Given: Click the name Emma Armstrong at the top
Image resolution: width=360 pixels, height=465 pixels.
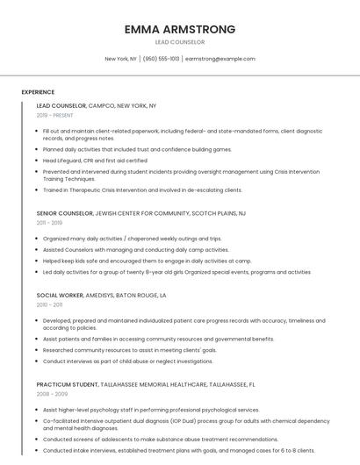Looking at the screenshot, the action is coord(180,29).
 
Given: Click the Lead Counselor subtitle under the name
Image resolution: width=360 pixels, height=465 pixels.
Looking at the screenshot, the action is coord(180,42).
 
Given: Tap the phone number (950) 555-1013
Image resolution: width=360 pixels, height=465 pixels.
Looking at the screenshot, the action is coord(161,59).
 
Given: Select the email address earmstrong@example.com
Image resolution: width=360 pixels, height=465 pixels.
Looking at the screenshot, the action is coord(220,59).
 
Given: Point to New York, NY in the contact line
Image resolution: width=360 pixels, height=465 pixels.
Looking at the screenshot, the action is coord(120,59).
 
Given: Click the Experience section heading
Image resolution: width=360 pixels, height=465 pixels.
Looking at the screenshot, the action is coord(38,92).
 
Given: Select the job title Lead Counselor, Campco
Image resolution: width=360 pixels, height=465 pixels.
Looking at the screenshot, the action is coord(97,105).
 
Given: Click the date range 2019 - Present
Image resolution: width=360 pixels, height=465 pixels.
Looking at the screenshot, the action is coord(55,115).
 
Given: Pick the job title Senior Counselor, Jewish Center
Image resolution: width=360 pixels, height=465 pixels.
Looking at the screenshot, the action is coord(140,213).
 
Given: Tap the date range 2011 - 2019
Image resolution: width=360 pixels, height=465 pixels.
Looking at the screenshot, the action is coord(50,223).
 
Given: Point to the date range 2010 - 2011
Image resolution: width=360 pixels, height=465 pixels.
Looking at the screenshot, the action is coord(50,305).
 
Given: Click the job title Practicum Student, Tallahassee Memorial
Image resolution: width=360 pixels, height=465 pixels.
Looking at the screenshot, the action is coord(146,384).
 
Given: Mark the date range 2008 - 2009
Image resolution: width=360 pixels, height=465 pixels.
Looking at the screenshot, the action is coord(52,394).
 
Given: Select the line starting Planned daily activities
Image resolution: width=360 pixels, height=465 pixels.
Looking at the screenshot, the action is coord(137,150).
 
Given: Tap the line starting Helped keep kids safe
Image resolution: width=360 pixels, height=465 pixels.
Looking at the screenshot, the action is coord(147,261).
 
